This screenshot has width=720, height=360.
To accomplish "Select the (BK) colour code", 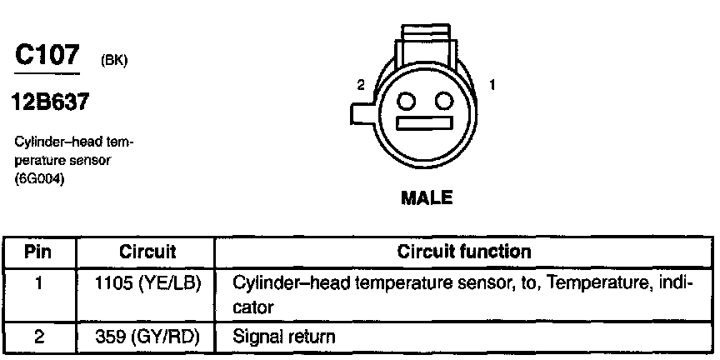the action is [x=112, y=60].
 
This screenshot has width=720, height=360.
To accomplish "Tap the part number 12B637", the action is [x=50, y=103].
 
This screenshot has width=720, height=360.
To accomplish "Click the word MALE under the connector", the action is [x=427, y=198].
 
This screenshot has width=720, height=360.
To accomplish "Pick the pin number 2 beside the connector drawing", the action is [x=361, y=85].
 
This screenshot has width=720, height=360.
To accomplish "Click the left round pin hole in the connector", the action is [x=407, y=101].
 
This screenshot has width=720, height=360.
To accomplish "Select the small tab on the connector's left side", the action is [x=361, y=116].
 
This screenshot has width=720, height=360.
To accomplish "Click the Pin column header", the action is [x=40, y=251].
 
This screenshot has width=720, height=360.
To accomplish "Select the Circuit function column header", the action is [x=463, y=251].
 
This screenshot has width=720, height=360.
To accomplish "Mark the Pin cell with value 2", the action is [x=40, y=337].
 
